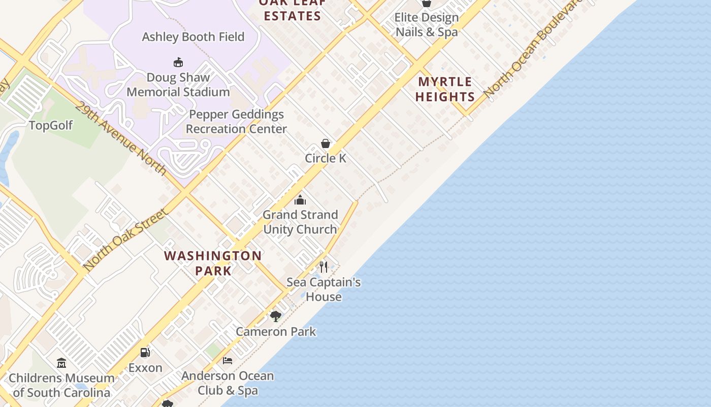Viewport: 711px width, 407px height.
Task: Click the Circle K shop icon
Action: click(x=326, y=143)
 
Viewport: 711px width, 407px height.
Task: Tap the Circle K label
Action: click(x=326, y=158)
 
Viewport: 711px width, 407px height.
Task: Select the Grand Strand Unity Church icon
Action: click(x=300, y=200)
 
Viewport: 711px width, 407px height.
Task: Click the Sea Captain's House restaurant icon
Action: click(x=324, y=267)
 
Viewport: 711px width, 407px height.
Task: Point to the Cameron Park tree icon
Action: click(x=276, y=316)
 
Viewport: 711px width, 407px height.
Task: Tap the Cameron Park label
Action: click(x=276, y=332)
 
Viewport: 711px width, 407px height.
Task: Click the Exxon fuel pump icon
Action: click(x=145, y=352)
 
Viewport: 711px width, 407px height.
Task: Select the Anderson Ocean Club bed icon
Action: click(x=228, y=361)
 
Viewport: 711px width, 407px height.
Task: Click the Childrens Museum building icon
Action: click(x=61, y=363)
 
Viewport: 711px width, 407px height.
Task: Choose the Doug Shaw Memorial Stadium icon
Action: click(x=178, y=63)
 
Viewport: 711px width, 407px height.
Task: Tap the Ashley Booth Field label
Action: click(x=193, y=37)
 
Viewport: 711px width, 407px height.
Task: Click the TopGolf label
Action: click(x=51, y=125)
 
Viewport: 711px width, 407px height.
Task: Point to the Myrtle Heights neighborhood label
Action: click(x=445, y=89)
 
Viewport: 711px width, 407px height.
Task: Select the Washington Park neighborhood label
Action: click(x=213, y=263)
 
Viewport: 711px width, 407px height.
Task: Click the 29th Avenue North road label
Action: click(x=121, y=137)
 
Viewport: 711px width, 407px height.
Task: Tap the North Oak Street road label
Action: click(x=125, y=240)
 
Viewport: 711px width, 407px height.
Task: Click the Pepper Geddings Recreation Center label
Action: click(x=236, y=122)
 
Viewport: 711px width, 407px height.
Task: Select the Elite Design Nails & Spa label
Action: click(x=427, y=24)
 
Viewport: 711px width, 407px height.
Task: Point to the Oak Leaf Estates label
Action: click(x=292, y=11)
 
